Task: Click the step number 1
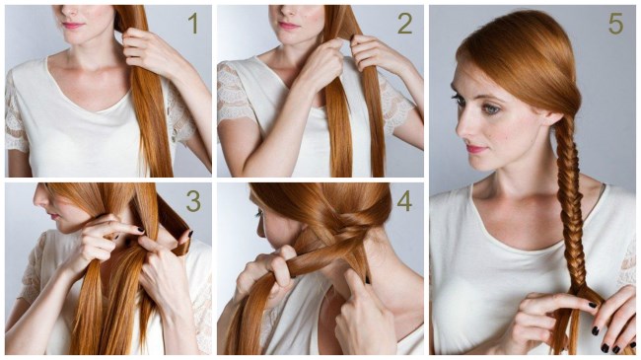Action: tap(193, 24)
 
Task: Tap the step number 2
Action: tap(404, 24)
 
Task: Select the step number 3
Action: tap(193, 201)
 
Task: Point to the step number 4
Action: tap(404, 201)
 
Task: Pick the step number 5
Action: tap(615, 24)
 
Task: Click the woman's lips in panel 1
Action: tap(73, 26)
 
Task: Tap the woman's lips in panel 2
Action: tap(289, 26)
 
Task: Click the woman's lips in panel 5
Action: tap(475, 149)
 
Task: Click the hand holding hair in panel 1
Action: tap(151, 52)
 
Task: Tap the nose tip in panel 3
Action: tap(36, 199)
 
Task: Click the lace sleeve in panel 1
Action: tap(16, 114)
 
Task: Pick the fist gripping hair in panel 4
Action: tap(265, 272)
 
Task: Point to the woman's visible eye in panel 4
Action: tap(259, 214)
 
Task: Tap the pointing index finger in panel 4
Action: tap(355, 283)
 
